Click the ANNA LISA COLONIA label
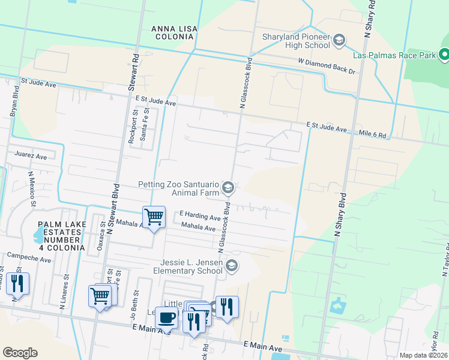tap(172, 32)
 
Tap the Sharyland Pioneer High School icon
tap(339, 40)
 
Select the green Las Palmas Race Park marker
tap(444, 55)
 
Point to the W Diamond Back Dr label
tap(327, 66)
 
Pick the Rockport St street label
tap(133, 125)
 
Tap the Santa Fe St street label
tap(143, 125)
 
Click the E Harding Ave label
tap(200, 215)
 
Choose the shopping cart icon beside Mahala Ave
tap(154, 217)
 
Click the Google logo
tap(20, 353)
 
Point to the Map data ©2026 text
tap(423, 355)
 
